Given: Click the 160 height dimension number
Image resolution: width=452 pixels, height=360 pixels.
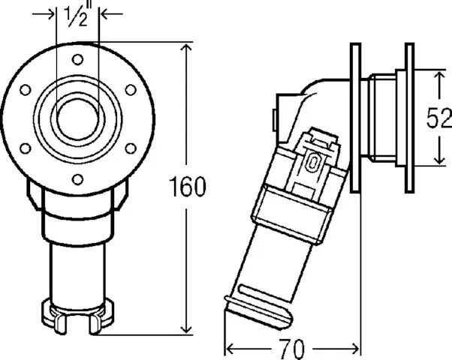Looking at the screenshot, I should [187, 187].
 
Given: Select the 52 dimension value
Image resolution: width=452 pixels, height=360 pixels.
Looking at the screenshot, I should [439, 118].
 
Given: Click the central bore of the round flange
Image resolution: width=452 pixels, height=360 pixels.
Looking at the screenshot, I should [78, 115].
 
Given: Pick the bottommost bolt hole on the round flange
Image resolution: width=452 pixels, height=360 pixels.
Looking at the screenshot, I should [78, 177].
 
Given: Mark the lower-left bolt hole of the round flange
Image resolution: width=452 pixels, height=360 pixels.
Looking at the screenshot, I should [26, 147].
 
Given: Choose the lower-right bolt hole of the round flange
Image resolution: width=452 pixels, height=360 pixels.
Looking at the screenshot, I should [130, 147].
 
